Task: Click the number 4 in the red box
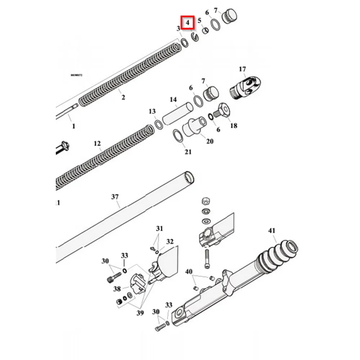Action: click(x=188, y=23)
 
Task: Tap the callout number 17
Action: click(x=242, y=69)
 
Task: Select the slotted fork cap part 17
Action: click(x=245, y=87)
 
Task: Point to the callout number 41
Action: click(x=271, y=230)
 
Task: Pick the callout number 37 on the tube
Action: click(x=115, y=197)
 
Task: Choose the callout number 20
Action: click(x=210, y=141)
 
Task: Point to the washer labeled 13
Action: click(x=158, y=124)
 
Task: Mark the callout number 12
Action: click(x=97, y=144)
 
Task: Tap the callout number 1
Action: click(x=74, y=126)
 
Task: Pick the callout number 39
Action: click(x=140, y=313)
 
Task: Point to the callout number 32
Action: click(x=170, y=242)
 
